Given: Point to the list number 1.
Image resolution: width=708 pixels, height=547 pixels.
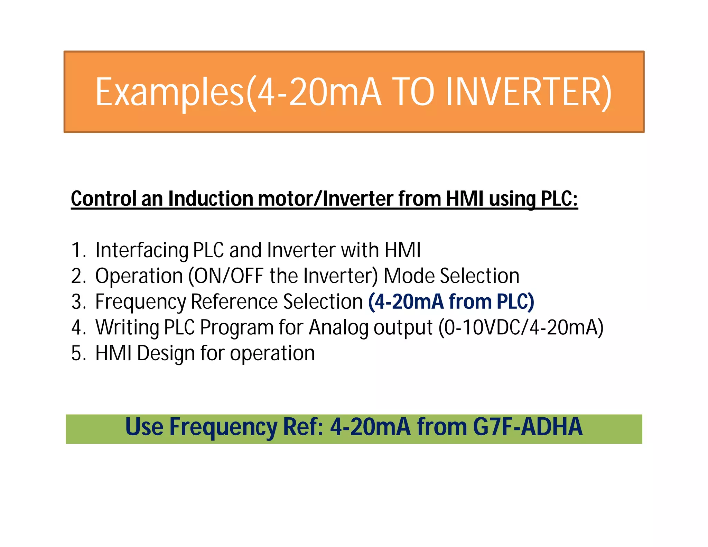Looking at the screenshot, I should click(78, 250).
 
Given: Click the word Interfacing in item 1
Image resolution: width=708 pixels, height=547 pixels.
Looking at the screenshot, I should click(142, 250).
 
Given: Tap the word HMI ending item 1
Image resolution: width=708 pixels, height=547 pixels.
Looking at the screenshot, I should click(402, 250).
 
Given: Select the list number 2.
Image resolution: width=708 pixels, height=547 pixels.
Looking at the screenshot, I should click(78, 276).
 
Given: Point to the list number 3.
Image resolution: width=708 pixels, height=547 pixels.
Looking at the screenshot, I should click(78, 302).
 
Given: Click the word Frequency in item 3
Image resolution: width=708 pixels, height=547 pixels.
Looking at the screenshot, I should click(140, 302).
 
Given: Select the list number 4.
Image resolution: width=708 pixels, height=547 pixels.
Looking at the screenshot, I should click(78, 327).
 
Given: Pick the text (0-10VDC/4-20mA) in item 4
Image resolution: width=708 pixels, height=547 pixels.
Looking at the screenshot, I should click(521, 327).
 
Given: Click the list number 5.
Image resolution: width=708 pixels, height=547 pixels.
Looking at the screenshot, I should click(78, 353).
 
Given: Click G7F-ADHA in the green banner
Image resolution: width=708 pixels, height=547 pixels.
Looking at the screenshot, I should click(528, 427).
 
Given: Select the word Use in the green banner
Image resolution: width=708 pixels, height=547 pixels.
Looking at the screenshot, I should click(144, 427).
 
